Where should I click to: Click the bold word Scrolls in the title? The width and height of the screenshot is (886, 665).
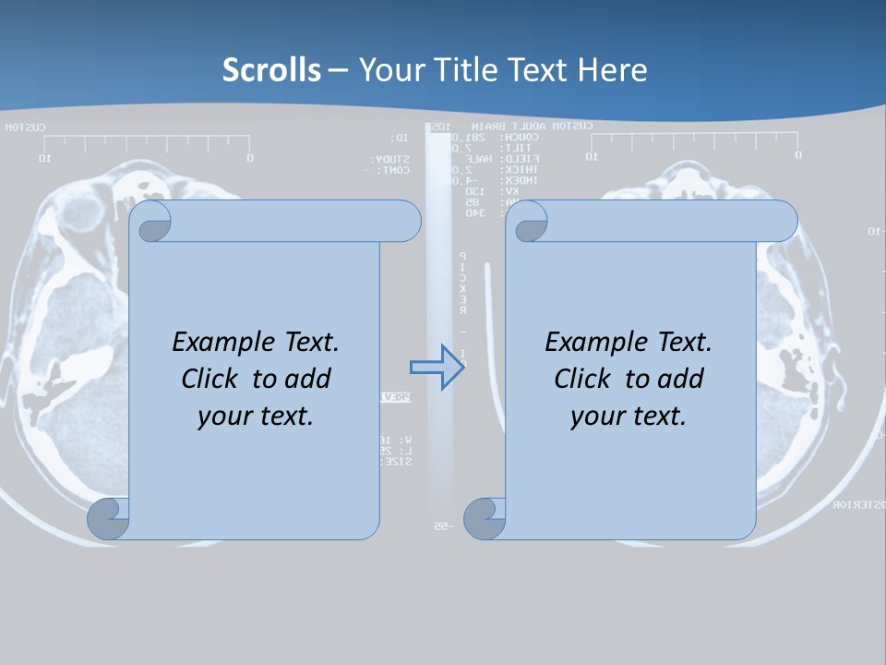pyautogui.click(x=272, y=70)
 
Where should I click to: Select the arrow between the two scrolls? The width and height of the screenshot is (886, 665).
pyautogui.click(x=436, y=369)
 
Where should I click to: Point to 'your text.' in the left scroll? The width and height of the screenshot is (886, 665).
pyautogui.click(x=256, y=416)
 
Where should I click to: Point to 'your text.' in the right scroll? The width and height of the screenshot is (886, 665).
pyautogui.click(x=629, y=416)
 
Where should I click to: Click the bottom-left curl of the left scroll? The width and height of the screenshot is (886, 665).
pyautogui.click(x=108, y=519)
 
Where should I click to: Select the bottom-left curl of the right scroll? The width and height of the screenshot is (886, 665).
pyautogui.click(x=484, y=519)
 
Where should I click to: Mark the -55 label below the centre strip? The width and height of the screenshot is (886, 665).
pyautogui.click(x=441, y=526)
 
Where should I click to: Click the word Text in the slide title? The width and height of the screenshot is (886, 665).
pyautogui.click(x=535, y=70)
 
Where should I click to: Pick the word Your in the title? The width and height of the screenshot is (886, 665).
pyautogui.click(x=385, y=70)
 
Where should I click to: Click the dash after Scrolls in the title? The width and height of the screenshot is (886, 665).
pyautogui.click(x=338, y=70)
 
